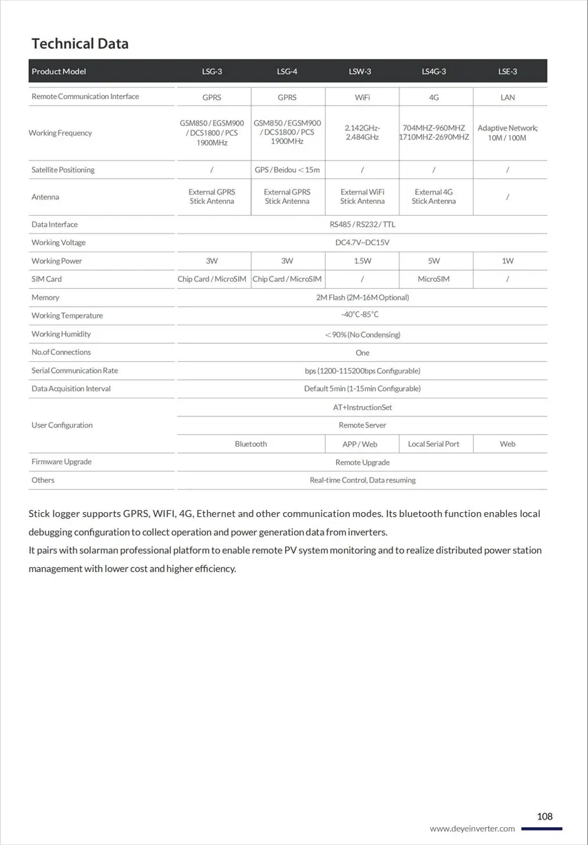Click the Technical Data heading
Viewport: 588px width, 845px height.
80,43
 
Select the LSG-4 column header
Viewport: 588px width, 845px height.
287,72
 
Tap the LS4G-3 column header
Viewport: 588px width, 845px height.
434,72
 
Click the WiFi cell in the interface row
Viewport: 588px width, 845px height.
362,97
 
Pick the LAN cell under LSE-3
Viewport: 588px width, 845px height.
507,97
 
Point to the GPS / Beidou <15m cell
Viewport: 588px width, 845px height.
287,170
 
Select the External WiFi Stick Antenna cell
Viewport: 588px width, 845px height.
362,196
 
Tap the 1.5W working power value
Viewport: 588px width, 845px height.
362,261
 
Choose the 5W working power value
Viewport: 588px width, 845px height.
434,261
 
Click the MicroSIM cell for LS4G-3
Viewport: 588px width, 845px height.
434,279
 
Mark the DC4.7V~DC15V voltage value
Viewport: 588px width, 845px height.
362,243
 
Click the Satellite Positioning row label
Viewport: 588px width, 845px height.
63,170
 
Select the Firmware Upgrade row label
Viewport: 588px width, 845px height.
61,462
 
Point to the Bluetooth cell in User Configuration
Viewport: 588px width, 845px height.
251,444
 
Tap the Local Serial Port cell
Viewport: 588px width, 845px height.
434,444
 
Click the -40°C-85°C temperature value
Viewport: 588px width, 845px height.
362,315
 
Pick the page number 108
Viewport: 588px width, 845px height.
545,816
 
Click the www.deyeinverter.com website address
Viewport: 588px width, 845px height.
472,828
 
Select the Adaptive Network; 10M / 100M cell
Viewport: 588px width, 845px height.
507,133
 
